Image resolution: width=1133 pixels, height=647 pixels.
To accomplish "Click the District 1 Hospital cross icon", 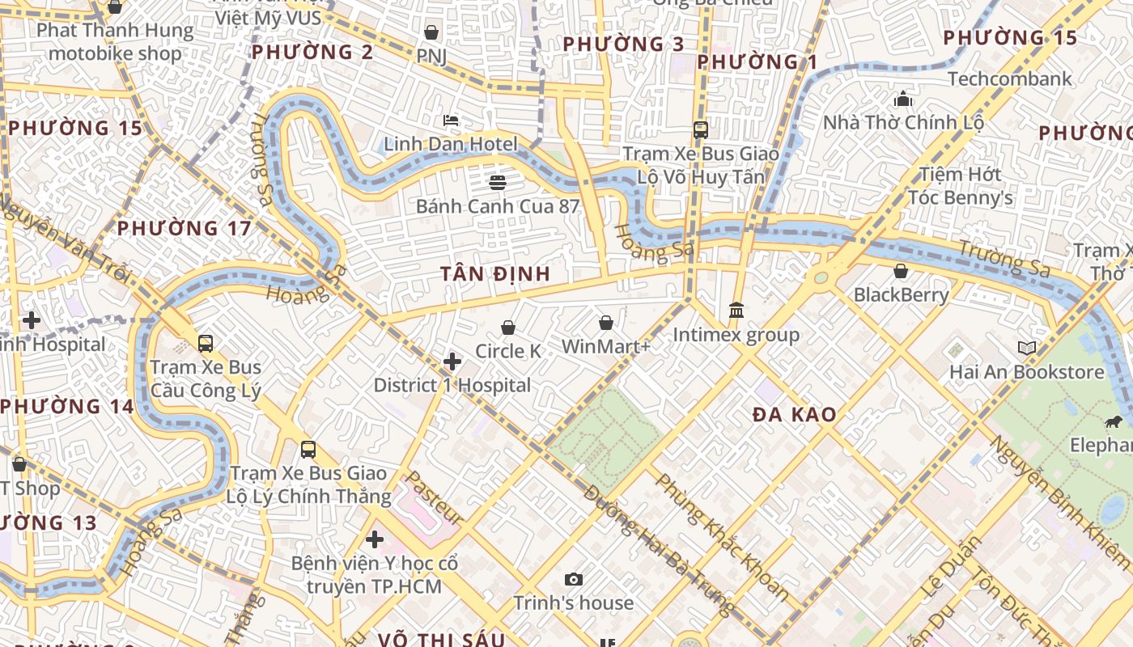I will tap(452, 362).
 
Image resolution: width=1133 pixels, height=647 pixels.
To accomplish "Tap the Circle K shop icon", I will tap(508, 328).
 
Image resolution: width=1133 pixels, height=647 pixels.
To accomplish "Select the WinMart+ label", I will tap(606, 347).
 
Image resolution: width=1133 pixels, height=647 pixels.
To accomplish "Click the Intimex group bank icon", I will tap(736, 311).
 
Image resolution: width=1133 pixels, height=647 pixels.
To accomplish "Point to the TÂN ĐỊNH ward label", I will tap(496, 274).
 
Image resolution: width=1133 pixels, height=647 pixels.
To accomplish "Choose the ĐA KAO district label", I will tap(794, 415).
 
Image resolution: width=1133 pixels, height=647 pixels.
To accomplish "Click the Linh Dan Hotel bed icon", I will tap(451, 121).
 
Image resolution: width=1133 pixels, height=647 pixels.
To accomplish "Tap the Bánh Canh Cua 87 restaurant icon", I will tap(498, 183).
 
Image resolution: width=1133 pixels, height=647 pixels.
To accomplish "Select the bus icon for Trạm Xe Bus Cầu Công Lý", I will tap(206, 344).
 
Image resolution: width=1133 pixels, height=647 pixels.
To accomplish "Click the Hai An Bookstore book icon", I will tap(1026, 349).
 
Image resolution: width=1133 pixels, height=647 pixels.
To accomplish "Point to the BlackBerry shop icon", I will tap(901, 271).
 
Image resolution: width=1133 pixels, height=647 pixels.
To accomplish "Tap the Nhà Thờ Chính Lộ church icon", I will tap(903, 99).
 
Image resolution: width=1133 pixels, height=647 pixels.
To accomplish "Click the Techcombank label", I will tap(1009, 79).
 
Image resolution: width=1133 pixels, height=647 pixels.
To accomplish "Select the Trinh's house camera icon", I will tap(574, 579).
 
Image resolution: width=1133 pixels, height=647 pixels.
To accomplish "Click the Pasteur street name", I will tap(433, 497).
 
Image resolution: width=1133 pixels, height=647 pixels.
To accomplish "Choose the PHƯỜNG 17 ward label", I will tap(185, 229).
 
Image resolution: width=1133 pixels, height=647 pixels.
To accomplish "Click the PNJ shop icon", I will tap(431, 32).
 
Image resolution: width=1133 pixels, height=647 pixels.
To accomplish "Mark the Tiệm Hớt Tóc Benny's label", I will tap(960, 186).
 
